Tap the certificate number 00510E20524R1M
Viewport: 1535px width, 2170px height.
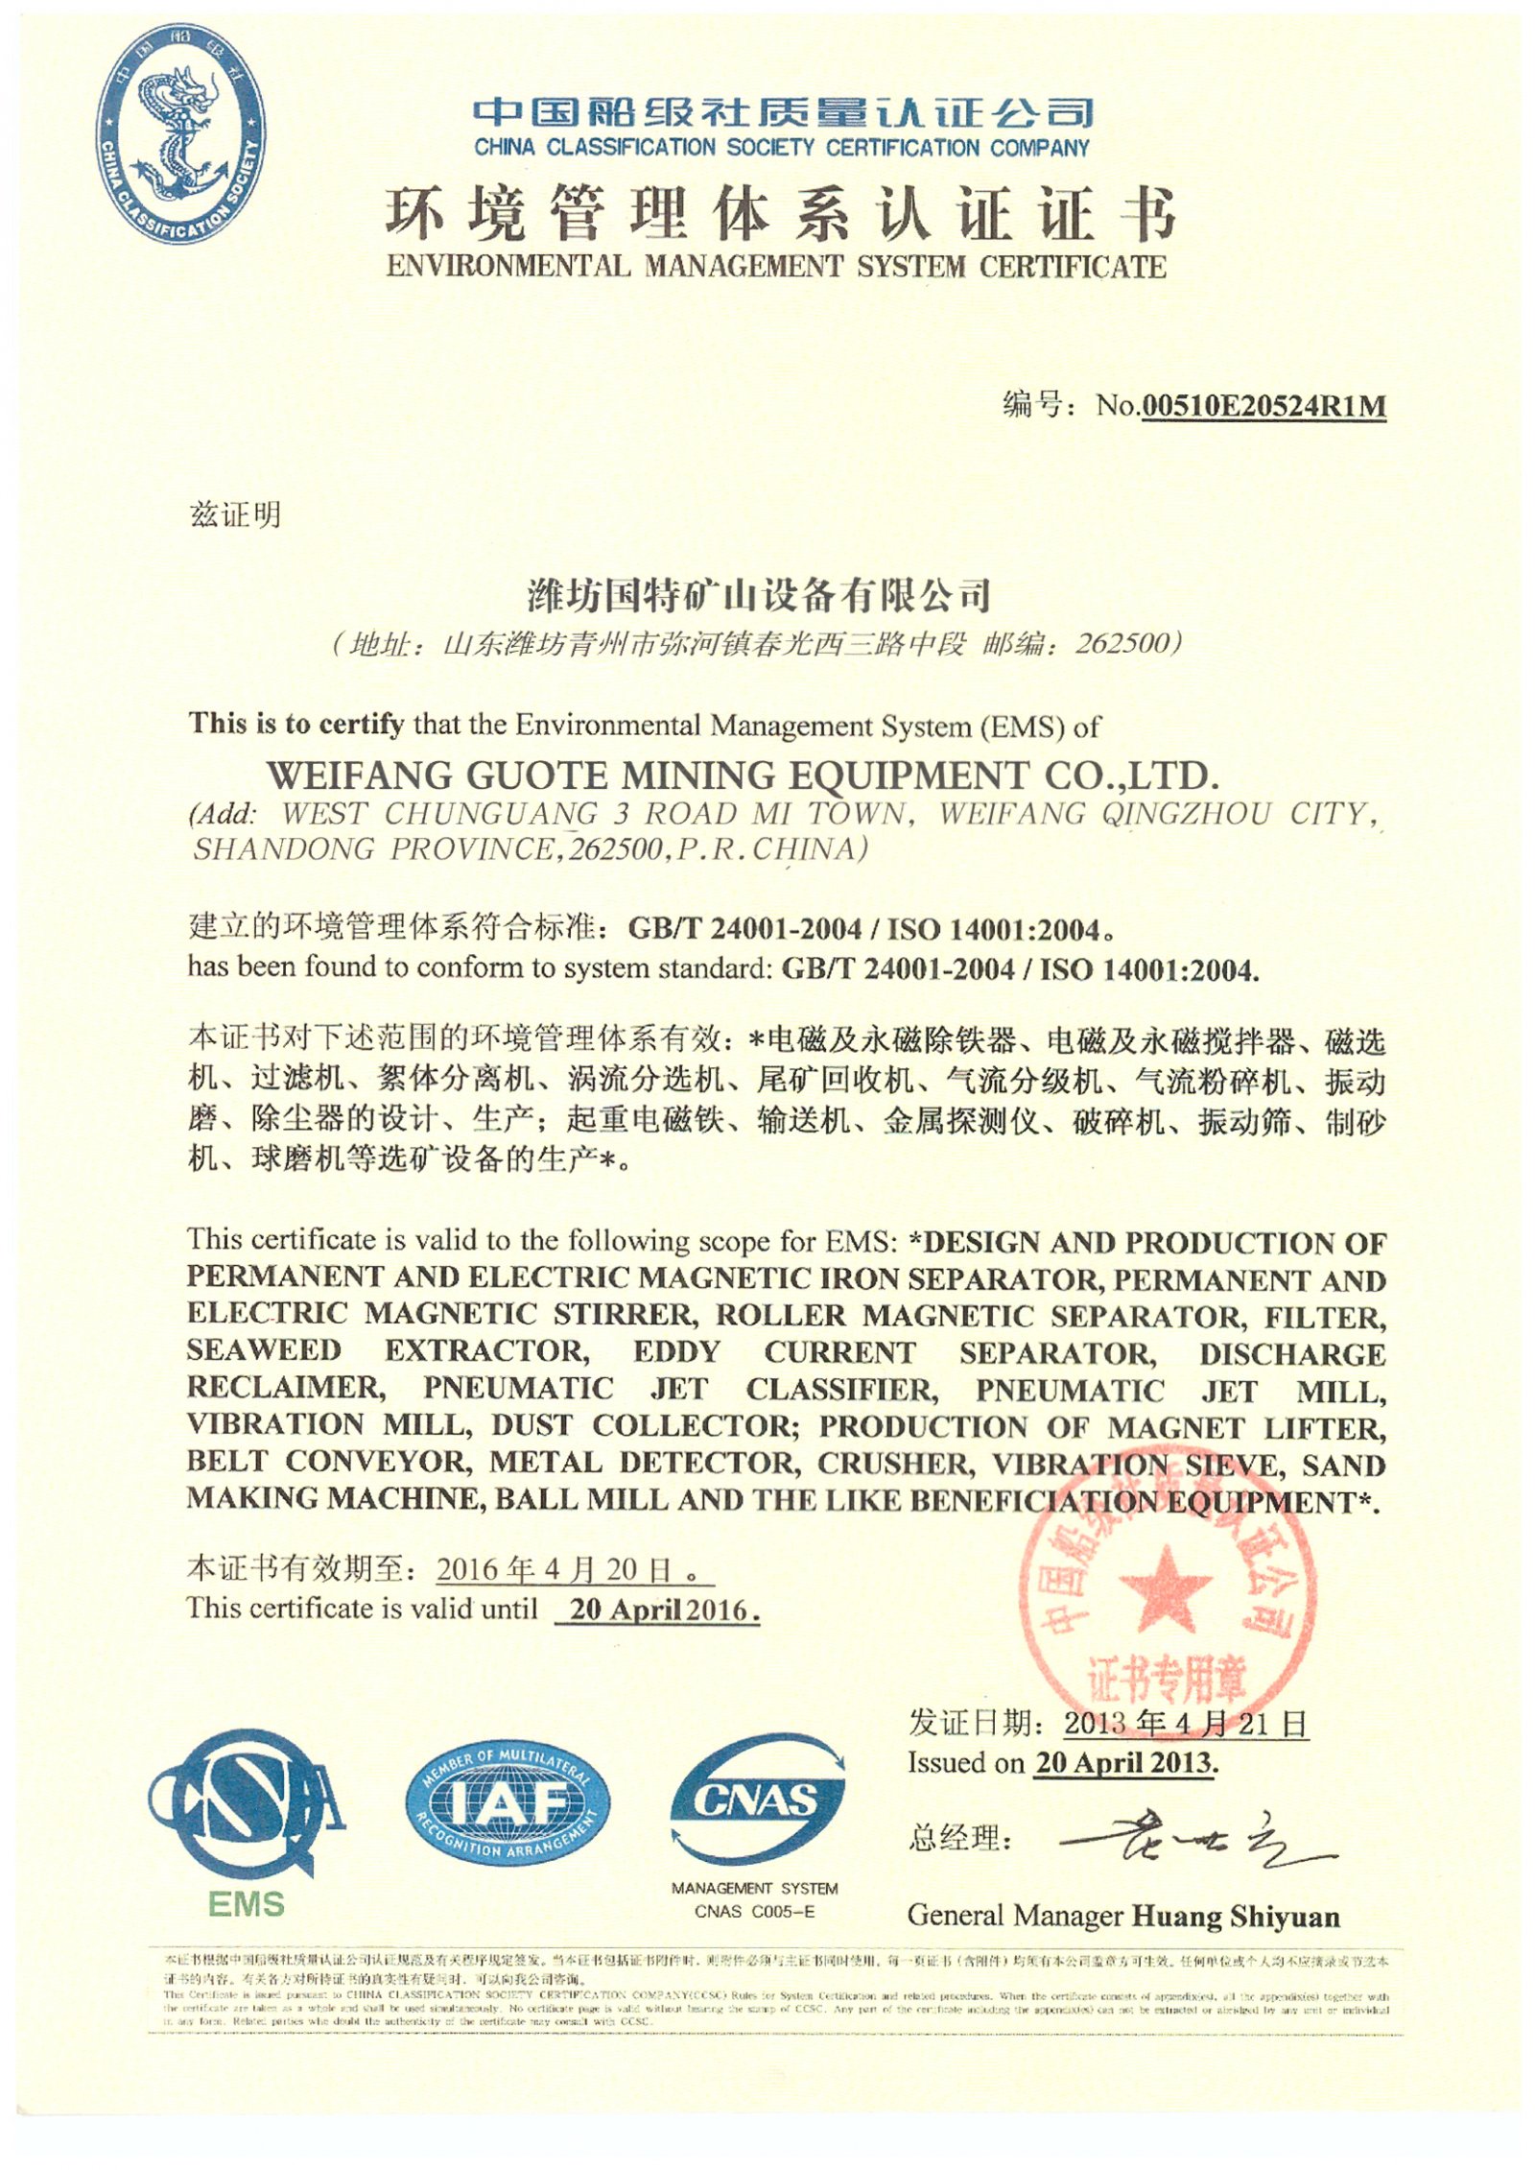click(1263, 406)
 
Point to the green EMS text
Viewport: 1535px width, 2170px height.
click(247, 1904)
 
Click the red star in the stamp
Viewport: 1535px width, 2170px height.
click(1165, 1590)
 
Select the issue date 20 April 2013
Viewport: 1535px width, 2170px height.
click(1124, 1764)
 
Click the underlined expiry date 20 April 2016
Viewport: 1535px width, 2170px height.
click(658, 1610)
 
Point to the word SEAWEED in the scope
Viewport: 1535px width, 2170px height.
click(264, 1351)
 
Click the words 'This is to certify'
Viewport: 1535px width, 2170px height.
click(295, 724)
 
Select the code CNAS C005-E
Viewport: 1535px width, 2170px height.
click(754, 1912)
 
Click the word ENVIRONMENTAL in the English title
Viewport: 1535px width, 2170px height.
click(508, 266)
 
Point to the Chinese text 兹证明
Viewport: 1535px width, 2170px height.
click(236, 515)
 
